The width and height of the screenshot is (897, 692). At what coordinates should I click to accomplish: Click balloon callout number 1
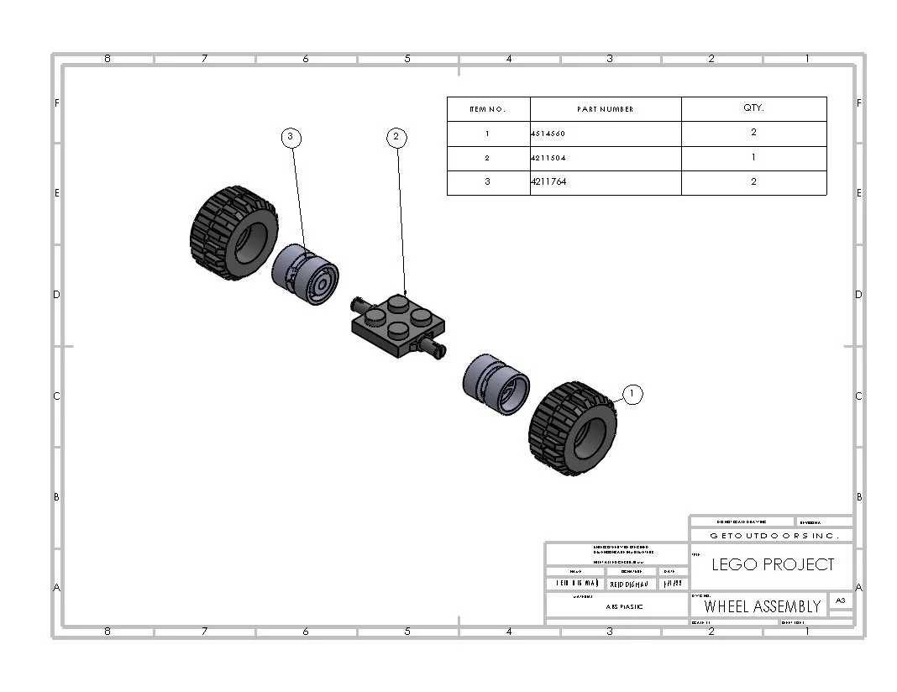click(632, 393)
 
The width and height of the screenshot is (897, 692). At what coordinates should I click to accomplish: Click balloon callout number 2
click(397, 137)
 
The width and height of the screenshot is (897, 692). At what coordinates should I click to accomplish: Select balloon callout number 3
click(291, 137)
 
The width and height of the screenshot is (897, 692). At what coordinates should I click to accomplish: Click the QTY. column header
click(753, 108)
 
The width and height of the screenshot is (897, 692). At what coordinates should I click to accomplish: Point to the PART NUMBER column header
click(605, 109)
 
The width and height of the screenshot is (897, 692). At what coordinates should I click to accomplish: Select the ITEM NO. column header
click(488, 109)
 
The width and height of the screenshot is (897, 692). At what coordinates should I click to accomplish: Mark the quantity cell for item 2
click(753, 157)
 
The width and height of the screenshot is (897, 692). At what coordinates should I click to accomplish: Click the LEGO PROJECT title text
click(773, 564)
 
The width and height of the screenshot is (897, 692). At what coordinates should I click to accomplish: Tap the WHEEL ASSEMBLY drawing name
click(762, 606)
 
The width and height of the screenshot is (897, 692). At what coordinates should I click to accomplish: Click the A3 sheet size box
click(840, 600)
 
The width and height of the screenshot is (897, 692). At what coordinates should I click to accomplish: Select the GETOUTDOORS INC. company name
click(770, 535)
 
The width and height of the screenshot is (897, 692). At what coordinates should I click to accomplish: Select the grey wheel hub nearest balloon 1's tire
click(496, 384)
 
